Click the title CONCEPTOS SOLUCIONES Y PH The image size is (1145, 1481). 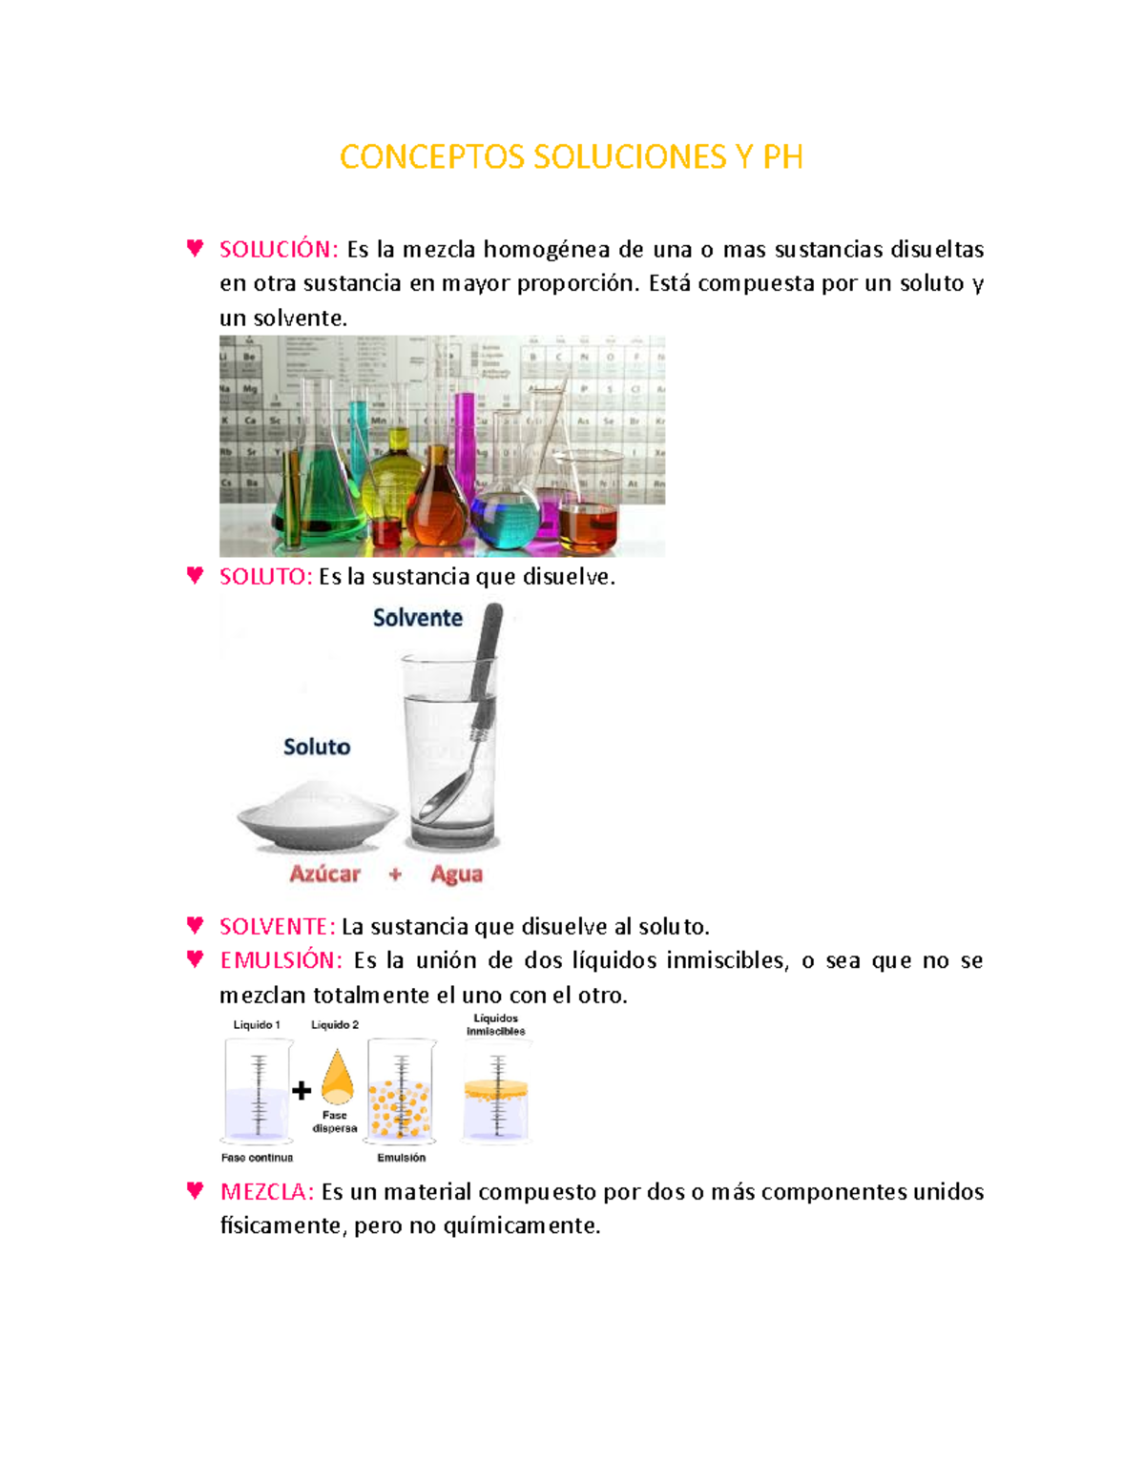pos(571,157)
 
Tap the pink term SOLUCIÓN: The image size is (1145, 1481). pos(278,250)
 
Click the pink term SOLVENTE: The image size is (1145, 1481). pos(277,927)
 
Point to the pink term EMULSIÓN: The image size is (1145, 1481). pos(281,960)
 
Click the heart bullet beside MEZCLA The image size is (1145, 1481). pos(196,1190)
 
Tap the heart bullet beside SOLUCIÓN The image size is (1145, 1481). pos(196,248)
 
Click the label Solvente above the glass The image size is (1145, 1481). pos(417,618)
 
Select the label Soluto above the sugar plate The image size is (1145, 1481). pos(317,747)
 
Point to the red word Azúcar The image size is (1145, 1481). pos(324,874)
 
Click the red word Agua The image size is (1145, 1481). pos(456,874)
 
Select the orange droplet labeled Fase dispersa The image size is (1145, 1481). pos(337,1077)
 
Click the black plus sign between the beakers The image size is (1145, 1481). pos(302,1091)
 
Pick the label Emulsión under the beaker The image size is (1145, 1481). pos(401,1158)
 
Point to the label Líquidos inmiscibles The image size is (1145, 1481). pos(495,1025)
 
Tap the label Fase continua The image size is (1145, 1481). pos(257,1158)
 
